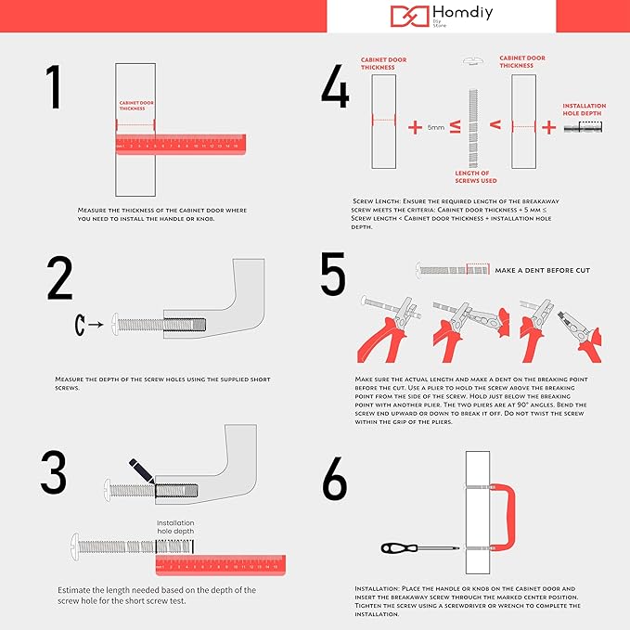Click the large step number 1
(x=55, y=88)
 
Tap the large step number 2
(x=60, y=277)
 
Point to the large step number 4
(x=334, y=88)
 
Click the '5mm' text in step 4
(x=436, y=126)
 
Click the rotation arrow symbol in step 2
(x=81, y=325)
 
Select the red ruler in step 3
(x=219, y=564)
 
